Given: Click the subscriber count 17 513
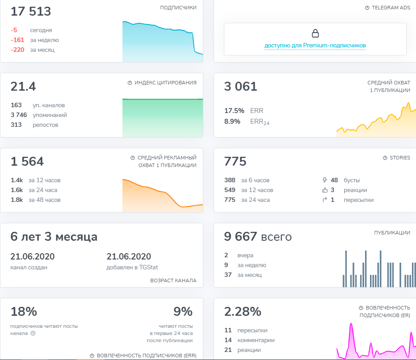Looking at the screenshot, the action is (x=31, y=12).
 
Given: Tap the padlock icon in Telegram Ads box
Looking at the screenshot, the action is (x=315, y=33).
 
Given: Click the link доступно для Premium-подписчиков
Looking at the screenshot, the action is (x=315, y=46).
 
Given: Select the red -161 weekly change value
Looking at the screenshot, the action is (x=17, y=40).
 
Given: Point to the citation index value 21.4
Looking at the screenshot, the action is (x=23, y=87).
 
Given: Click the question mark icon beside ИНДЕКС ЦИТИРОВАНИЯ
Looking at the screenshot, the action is (x=130, y=83).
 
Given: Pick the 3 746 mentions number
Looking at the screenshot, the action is (x=19, y=115).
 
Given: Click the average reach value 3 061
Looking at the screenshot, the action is (x=241, y=87).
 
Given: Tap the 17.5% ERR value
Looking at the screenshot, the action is (x=234, y=111).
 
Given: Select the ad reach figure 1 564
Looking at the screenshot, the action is (x=27, y=162).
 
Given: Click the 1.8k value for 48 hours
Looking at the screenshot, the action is (x=17, y=200).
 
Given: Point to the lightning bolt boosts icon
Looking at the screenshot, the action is (x=325, y=180).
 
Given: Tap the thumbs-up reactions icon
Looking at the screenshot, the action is (x=325, y=190).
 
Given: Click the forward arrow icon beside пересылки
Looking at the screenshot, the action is (x=325, y=200).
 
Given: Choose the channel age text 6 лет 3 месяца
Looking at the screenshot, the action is (x=54, y=237).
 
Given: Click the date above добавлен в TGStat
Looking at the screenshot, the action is (x=129, y=256).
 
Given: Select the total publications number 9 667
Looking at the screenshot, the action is (x=240, y=237).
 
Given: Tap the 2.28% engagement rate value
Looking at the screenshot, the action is (x=243, y=312).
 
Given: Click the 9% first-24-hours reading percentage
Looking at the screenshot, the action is (x=183, y=312).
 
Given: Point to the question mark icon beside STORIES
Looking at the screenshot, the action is (x=385, y=158).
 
